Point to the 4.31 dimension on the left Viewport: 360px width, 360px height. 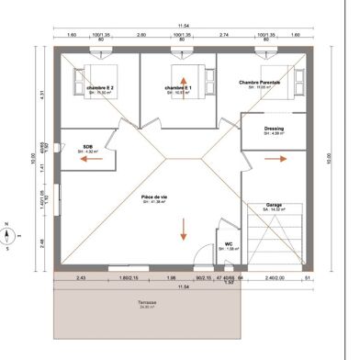[43, 95]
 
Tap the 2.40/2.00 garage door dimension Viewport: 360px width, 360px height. [276, 277]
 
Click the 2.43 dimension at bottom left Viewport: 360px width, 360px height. [81, 277]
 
